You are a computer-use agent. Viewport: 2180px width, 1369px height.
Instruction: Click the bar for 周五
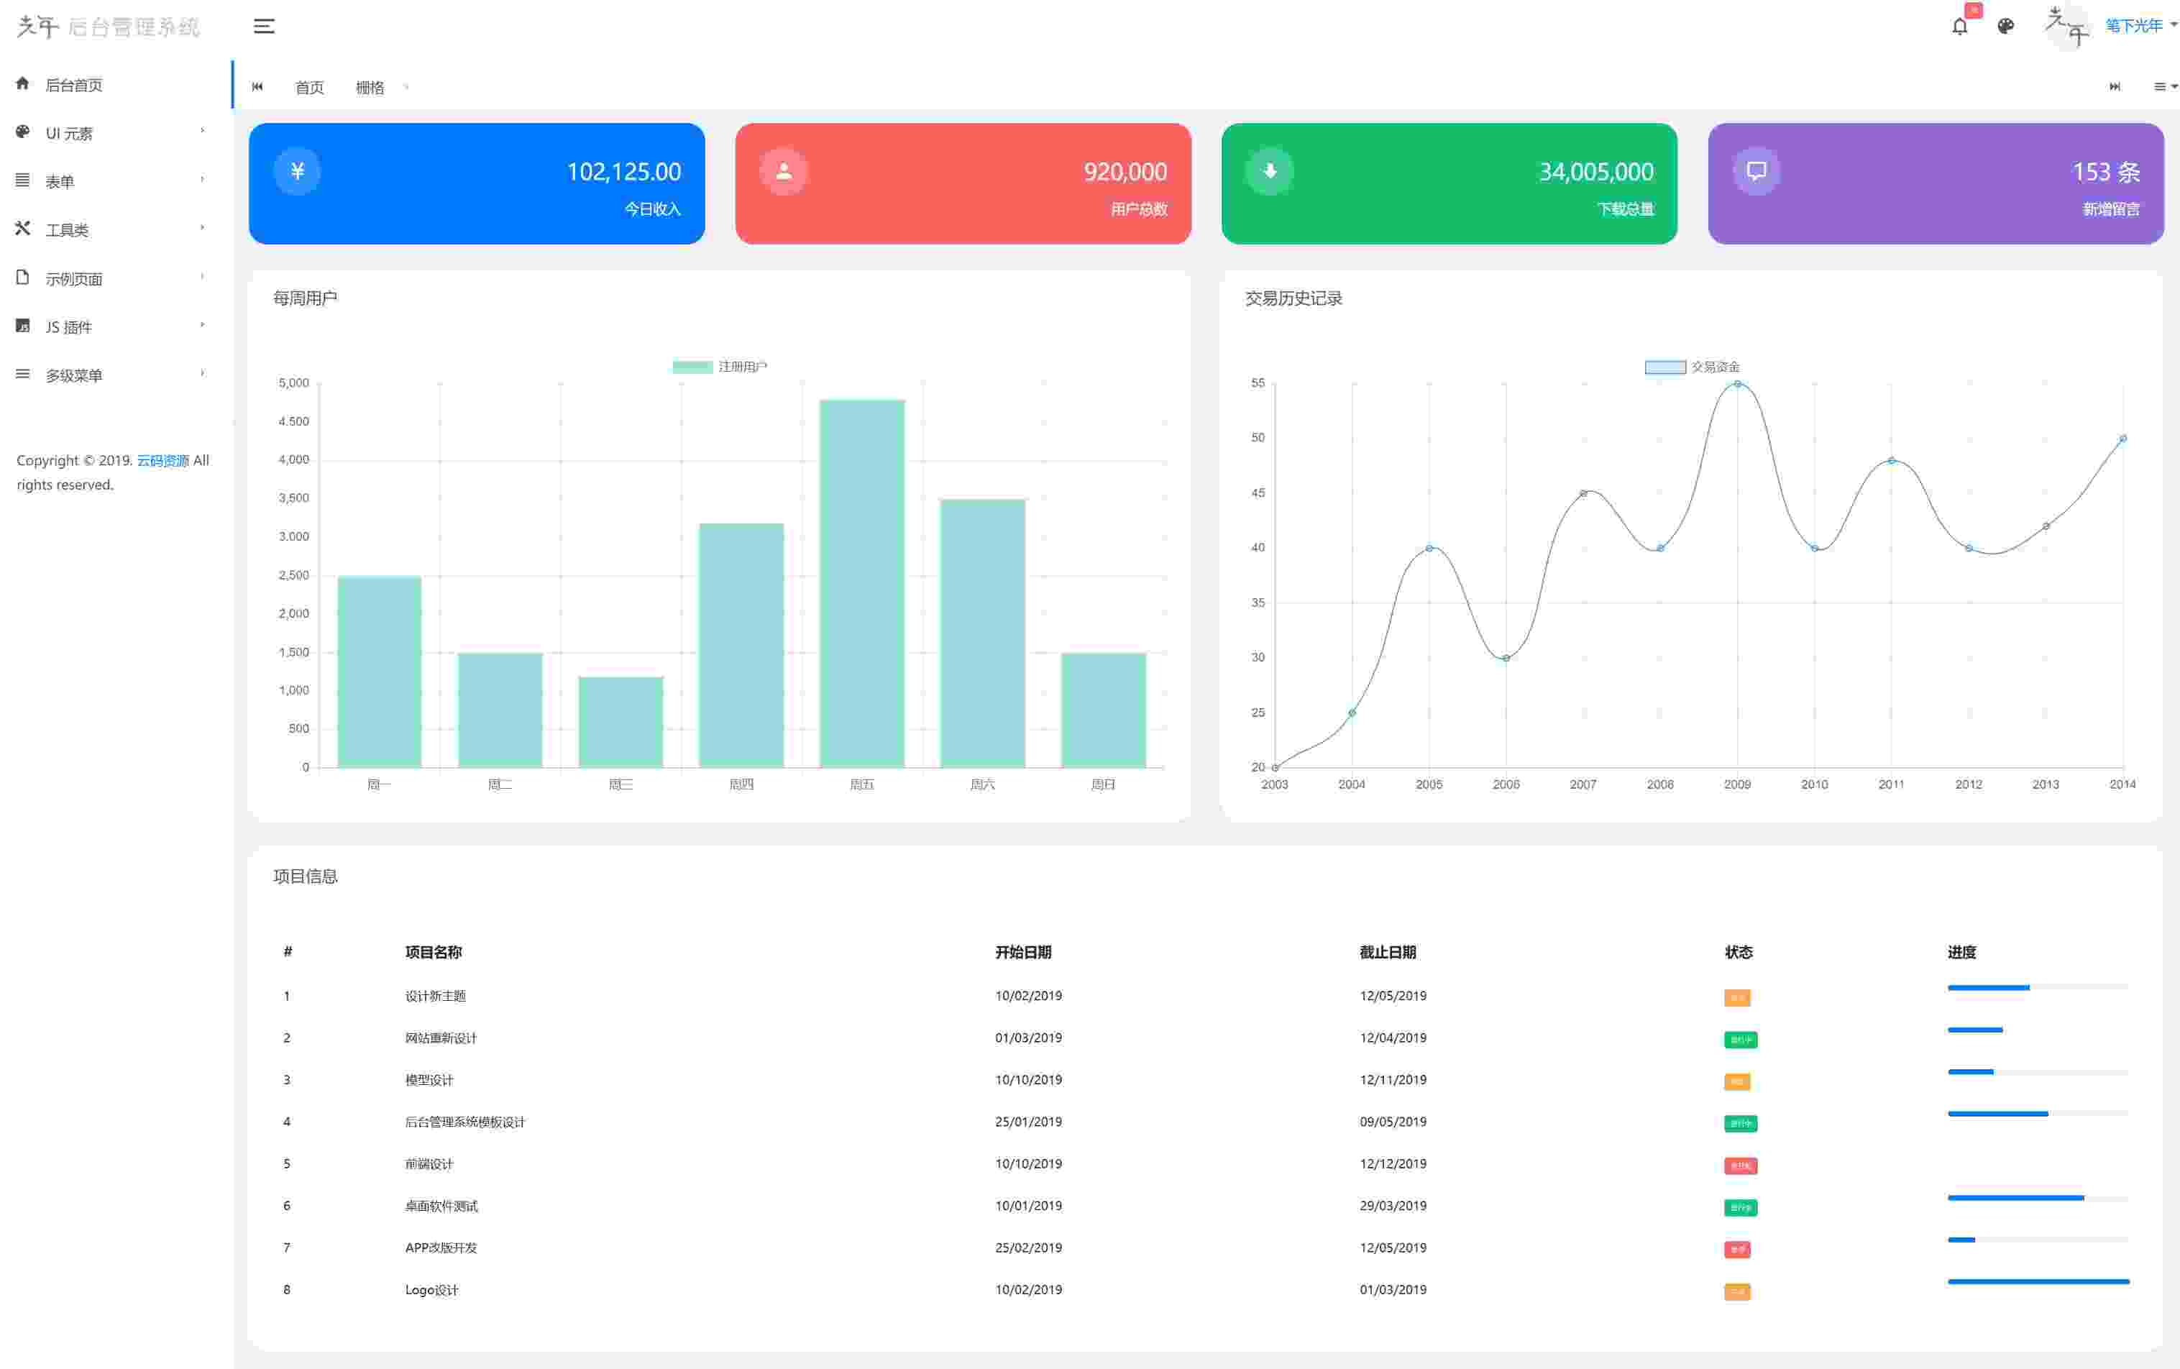pyautogui.click(x=862, y=583)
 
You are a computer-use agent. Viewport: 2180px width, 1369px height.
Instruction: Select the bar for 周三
pyautogui.click(x=620, y=722)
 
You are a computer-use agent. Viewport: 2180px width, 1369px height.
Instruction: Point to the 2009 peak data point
pyautogui.click(x=1737, y=385)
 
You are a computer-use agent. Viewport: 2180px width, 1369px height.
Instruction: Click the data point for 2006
pyautogui.click(x=1506, y=658)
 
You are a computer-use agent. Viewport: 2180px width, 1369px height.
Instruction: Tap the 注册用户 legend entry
pyautogui.click(x=720, y=367)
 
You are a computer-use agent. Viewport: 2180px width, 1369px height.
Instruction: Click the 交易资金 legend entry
pyautogui.click(x=1691, y=367)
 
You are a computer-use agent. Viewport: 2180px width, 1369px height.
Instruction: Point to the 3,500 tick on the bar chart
pyautogui.click(x=293, y=498)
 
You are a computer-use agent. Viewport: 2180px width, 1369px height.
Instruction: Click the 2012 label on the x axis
pyautogui.click(x=1968, y=784)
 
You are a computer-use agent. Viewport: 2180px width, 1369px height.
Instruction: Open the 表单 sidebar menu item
pyautogui.click(x=60, y=182)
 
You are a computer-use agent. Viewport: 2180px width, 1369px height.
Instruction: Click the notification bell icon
pyautogui.click(x=1959, y=27)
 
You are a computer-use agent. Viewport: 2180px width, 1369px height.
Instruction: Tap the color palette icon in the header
pyautogui.click(x=2005, y=27)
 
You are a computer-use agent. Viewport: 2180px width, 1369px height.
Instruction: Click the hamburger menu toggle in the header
pyautogui.click(x=263, y=27)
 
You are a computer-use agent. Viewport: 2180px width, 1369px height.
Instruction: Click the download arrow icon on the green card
pyautogui.click(x=1269, y=171)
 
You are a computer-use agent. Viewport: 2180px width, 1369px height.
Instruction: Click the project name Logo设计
pyautogui.click(x=432, y=1289)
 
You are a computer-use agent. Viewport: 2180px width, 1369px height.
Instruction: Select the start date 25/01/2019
pyautogui.click(x=1027, y=1122)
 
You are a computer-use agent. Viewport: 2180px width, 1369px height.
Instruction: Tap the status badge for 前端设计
pyautogui.click(x=1739, y=1166)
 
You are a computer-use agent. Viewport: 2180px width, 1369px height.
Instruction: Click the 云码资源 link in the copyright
pyautogui.click(x=163, y=461)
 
